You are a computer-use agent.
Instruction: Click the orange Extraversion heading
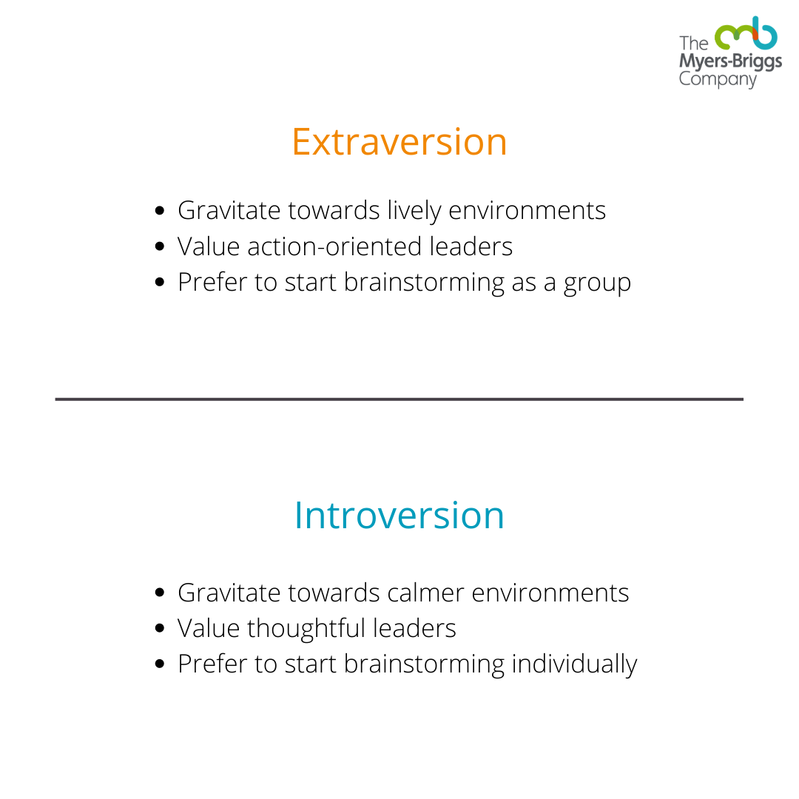(x=399, y=141)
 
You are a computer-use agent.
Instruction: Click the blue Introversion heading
(x=399, y=515)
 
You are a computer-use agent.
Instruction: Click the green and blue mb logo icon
(x=746, y=33)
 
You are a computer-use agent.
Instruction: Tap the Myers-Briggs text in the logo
(x=730, y=61)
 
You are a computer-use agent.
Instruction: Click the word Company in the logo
(x=718, y=79)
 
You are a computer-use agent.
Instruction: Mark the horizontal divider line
(x=399, y=399)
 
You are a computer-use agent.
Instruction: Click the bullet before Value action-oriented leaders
(x=160, y=246)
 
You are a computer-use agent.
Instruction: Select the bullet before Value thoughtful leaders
(x=160, y=628)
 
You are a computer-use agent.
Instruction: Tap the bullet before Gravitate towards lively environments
(x=160, y=210)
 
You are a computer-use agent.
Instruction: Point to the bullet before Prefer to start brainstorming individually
(x=160, y=664)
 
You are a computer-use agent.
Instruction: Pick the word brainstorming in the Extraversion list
(x=424, y=283)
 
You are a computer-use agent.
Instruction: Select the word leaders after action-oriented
(x=471, y=246)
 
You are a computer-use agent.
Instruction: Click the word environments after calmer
(x=550, y=593)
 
